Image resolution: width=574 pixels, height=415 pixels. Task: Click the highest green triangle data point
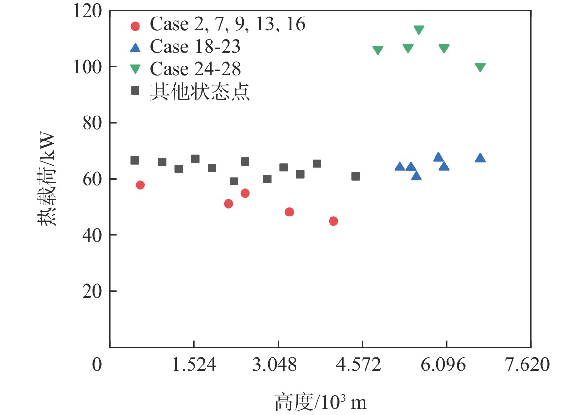[419, 30]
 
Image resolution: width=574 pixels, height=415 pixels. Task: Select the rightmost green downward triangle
[480, 67]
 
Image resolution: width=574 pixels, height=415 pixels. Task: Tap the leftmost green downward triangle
[378, 50]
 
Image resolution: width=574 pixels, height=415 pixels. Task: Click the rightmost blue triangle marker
[480, 158]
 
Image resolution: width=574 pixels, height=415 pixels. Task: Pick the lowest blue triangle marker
[417, 175]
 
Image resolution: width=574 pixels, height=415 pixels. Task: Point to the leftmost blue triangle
[400, 166]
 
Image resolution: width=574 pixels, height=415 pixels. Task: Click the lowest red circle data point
[333, 221]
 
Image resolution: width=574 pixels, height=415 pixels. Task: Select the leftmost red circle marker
[140, 184]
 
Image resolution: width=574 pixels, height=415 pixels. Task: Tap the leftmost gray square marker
[135, 160]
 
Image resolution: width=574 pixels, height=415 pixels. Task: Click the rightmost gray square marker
[355, 176]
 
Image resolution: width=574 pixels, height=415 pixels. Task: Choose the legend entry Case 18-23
[195, 47]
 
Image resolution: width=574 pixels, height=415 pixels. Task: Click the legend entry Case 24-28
[195, 69]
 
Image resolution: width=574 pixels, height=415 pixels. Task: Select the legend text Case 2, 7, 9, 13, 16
[227, 24]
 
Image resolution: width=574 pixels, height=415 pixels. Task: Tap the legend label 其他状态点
[200, 91]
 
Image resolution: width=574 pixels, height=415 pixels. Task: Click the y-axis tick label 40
[93, 235]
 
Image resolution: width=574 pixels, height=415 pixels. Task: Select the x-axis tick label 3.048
[278, 365]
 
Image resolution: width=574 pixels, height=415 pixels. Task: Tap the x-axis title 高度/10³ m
[320, 402]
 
